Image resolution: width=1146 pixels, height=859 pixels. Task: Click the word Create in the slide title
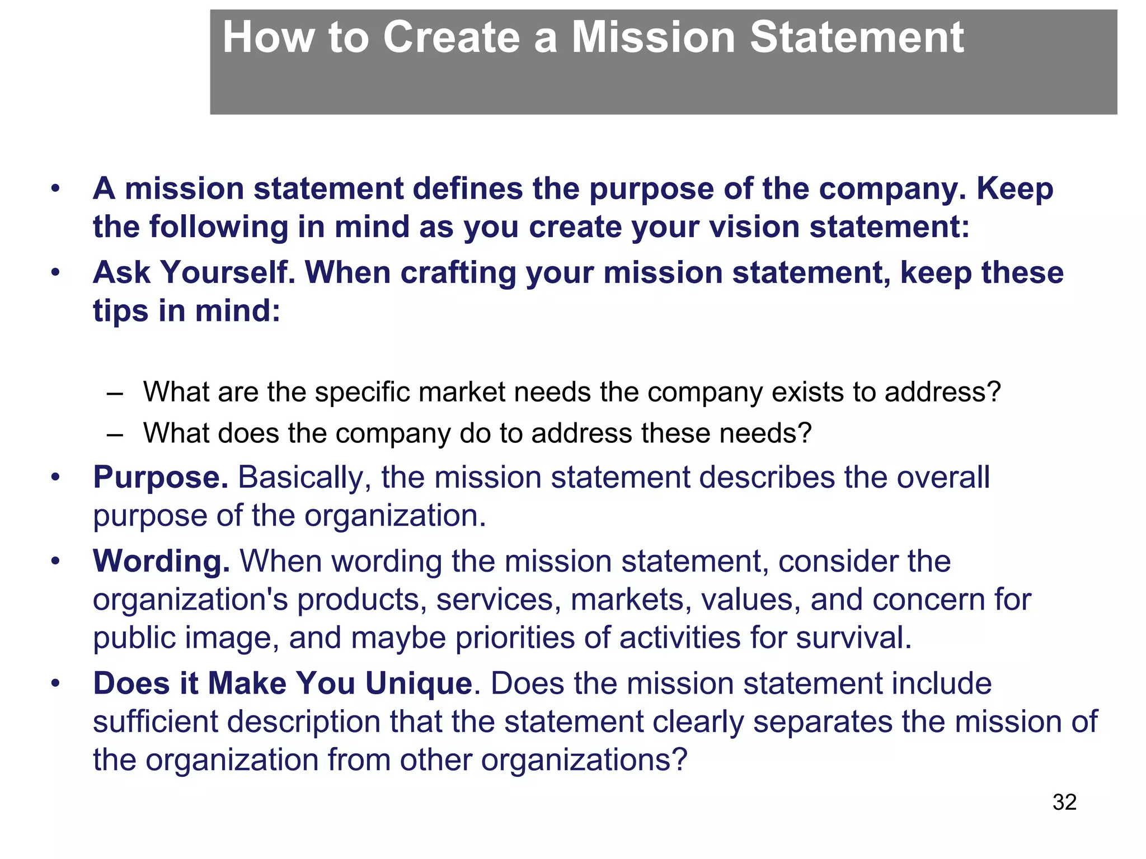tap(452, 38)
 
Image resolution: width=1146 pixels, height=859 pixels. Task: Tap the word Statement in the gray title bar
tap(856, 38)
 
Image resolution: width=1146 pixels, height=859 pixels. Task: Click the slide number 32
tap(1064, 803)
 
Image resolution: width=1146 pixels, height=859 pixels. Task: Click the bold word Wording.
tap(161, 561)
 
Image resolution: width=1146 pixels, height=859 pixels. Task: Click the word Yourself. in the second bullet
tap(227, 273)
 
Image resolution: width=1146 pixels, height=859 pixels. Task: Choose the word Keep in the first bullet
tap(1015, 188)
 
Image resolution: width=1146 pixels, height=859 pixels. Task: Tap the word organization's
tap(190, 600)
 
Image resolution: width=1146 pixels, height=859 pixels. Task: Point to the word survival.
tap(853, 638)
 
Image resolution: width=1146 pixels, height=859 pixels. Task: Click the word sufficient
tap(155, 722)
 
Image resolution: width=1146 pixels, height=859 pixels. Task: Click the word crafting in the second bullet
tap(458, 273)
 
